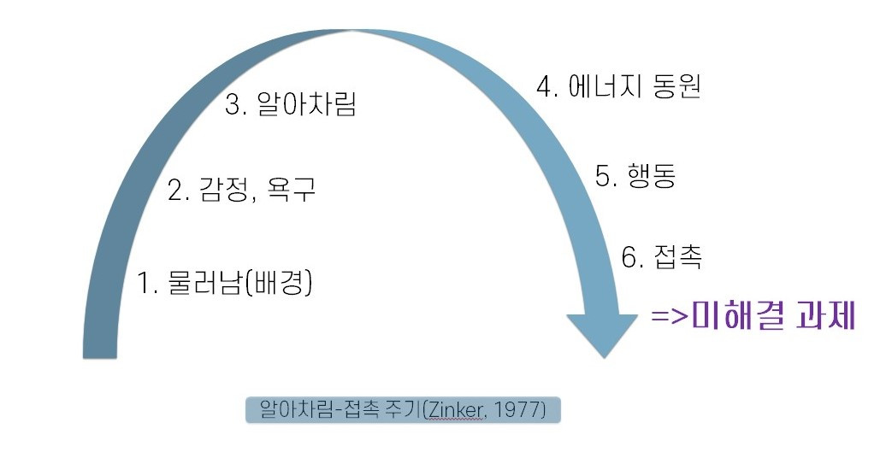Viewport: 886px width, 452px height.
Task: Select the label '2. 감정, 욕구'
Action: pos(241,189)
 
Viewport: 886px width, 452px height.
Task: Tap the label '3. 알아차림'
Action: pos(291,105)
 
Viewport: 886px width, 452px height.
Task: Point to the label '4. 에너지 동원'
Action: pos(618,86)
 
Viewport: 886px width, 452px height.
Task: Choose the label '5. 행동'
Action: pos(635,176)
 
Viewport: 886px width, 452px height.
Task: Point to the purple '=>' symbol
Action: pos(670,317)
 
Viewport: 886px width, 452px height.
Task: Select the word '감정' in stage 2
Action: pos(225,189)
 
